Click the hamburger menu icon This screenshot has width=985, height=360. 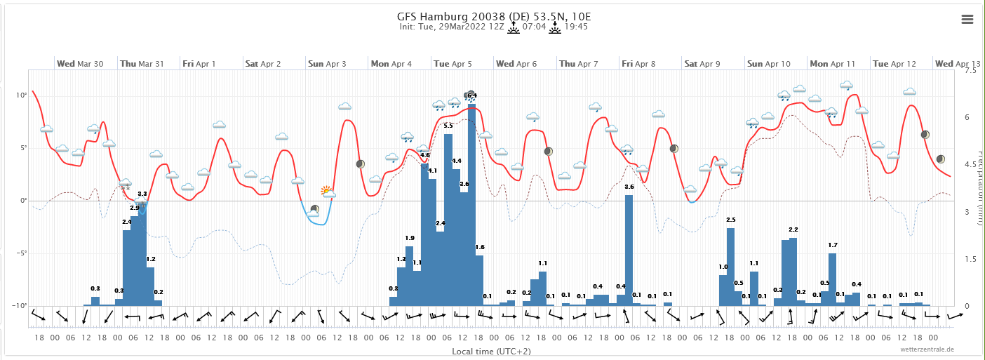[967, 19]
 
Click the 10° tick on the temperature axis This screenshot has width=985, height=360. [22, 95]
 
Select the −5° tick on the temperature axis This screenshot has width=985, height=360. [21, 253]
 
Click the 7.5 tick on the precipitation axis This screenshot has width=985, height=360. [970, 71]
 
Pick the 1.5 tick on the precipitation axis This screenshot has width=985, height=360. [970, 259]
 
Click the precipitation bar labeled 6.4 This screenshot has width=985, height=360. [472, 204]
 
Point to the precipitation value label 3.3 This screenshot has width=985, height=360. [142, 194]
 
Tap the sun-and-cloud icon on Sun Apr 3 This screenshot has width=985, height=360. [327, 191]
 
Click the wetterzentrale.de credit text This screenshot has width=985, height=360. [928, 349]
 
